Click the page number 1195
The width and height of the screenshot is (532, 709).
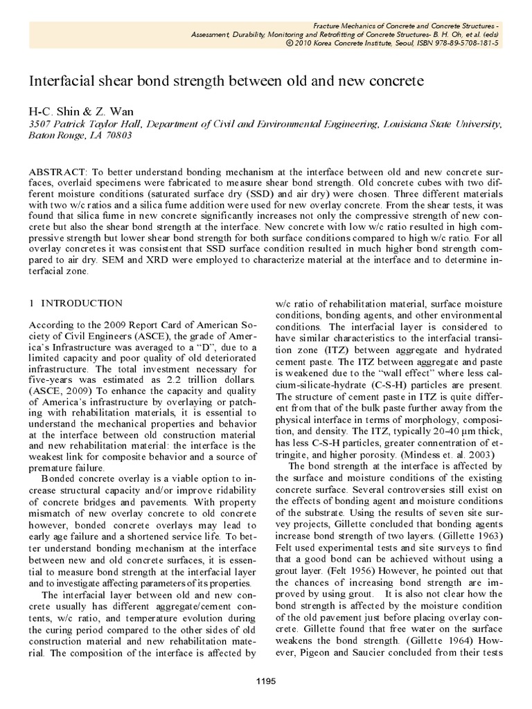(x=266, y=681)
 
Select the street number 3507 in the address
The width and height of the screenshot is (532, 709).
(x=40, y=123)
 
